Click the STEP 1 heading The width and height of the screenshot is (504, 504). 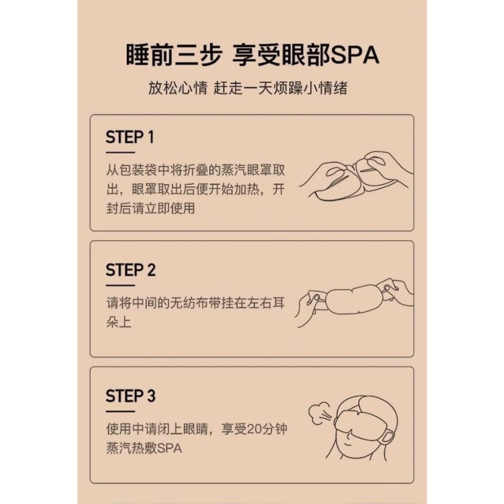click(x=130, y=137)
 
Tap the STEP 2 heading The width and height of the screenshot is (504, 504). click(x=131, y=270)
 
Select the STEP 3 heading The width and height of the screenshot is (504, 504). click(x=131, y=396)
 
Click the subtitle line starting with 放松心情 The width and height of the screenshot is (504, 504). click(x=247, y=88)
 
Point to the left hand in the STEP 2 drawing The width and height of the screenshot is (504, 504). click(x=310, y=305)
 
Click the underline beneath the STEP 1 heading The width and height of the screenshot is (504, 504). click(x=120, y=152)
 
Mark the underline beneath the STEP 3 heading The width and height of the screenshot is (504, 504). click(x=120, y=410)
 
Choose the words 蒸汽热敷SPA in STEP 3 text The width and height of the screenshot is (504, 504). click(x=144, y=448)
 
